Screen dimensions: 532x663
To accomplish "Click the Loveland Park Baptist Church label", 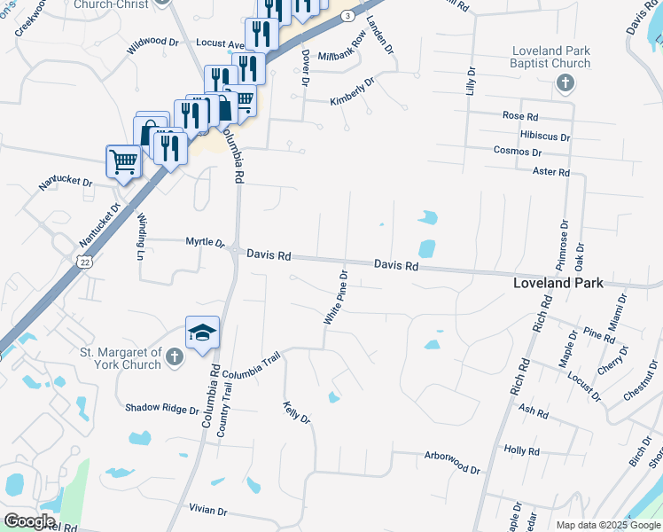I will point(550,58).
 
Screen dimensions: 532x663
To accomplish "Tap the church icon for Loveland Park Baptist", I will point(564,83).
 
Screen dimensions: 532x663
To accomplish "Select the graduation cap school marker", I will point(202,332).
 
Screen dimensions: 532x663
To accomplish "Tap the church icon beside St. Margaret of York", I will point(175,357).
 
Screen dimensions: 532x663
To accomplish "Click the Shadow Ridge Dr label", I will point(162,409).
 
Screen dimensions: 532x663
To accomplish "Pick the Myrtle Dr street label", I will point(205,242).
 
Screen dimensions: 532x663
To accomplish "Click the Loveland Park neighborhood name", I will point(558,284).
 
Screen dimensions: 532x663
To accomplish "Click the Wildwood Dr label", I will point(152,43).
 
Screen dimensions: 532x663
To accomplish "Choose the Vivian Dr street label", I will point(208,512).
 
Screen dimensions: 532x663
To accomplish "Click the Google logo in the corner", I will point(29,521).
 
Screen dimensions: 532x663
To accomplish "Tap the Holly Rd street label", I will point(521,451).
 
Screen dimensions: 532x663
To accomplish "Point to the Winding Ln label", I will point(140,239).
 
